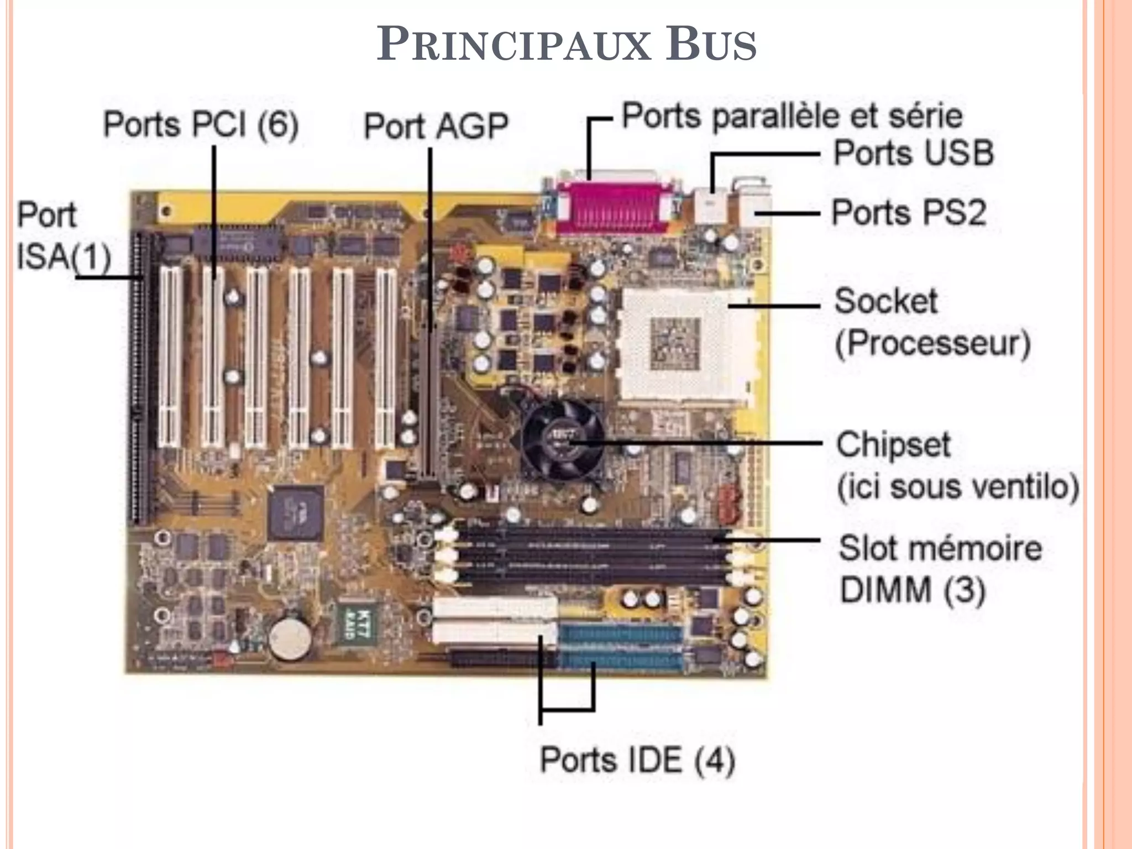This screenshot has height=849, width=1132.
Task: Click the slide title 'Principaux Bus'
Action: coord(566,44)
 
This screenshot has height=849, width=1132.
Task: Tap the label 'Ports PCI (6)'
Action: coord(201,124)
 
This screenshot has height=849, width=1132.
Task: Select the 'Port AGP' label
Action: coord(436,126)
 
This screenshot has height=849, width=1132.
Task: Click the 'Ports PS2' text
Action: coord(909,212)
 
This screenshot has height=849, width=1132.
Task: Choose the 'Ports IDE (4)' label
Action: coord(637,760)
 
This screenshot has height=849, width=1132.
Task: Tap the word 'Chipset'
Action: coord(893,445)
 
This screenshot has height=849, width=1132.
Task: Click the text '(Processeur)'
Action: coord(932,344)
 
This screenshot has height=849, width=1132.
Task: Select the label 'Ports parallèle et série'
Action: coord(792,116)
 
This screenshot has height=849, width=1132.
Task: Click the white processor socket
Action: coord(685,345)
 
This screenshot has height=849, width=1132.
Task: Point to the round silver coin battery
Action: coord(290,638)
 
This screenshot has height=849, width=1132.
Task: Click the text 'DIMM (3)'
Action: coord(912,590)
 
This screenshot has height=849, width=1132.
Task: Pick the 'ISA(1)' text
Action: coord(64,257)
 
